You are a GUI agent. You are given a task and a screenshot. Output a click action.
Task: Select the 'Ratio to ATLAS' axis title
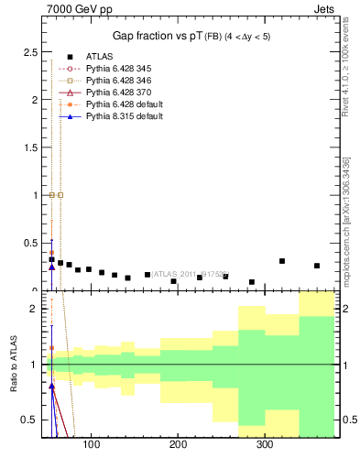(x=13, y=365)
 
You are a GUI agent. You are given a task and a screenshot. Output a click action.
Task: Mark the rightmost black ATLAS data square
(x=317, y=266)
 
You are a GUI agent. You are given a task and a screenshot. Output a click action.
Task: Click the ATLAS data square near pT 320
(x=282, y=261)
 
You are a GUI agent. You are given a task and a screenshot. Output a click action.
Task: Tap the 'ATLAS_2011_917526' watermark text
(x=187, y=273)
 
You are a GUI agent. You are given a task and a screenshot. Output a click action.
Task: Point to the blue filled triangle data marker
(x=51, y=267)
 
